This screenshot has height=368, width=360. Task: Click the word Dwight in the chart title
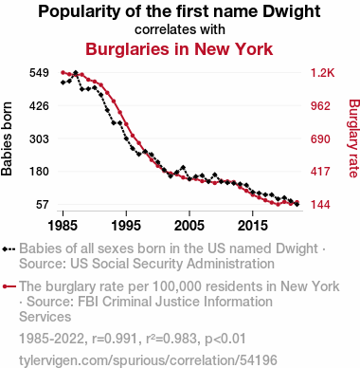coord(292,12)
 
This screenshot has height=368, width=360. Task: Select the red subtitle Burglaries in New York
coord(179,49)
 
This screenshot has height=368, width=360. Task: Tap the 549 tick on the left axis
coord(39,73)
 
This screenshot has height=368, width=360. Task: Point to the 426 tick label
coord(39,105)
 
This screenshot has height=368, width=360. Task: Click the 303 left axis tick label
coord(39,138)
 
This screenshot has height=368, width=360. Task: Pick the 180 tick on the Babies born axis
coord(39,172)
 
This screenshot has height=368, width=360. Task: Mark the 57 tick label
coord(43,205)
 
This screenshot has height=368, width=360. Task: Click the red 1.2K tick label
coord(322,73)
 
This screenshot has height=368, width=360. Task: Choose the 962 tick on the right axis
coord(320,105)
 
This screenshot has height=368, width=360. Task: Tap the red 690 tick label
coord(320,138)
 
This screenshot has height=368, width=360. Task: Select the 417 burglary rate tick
coord(320,172)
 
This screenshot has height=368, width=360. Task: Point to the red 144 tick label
coord(320,205)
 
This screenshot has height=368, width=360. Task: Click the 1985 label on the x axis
coord(63,226)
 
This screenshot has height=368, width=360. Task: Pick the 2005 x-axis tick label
coord(189,226)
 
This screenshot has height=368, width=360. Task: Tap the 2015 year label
coord(253,226)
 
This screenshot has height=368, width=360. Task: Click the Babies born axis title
coord(7,138)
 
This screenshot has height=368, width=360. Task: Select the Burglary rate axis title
coord(354,138)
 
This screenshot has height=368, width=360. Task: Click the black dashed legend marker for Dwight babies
coord(9,248)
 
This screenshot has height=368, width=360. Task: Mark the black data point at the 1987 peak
coord(76,73)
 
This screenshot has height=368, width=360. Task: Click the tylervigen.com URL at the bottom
coord(148,360)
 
